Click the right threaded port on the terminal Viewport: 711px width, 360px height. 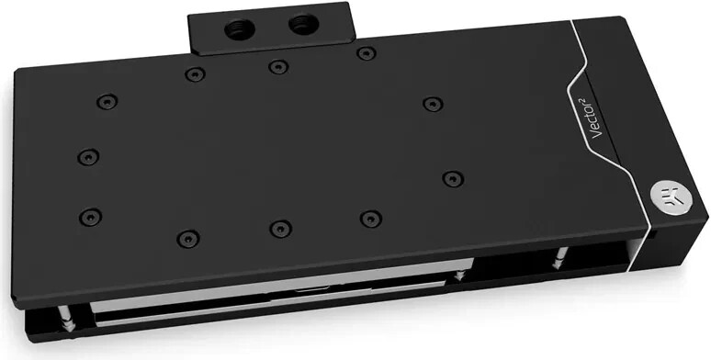[299, 26]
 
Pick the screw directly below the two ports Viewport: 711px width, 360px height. [277, 66]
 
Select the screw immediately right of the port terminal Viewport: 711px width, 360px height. [366, 52]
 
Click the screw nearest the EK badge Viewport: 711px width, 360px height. [452, 178]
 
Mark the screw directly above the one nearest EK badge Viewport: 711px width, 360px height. [432, 103]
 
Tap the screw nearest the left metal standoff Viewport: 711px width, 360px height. [90, 217]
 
